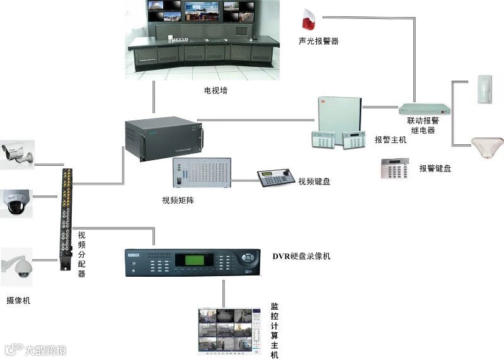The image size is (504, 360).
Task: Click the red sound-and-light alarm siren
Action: pyautogui.click(x=308, y=21)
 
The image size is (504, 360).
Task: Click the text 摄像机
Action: pyautogui.click(x=18, y=301)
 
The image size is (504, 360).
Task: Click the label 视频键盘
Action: pyautogui.click(x=314, y=182)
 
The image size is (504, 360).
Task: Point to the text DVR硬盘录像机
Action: pyautogui.click(x=301, y=256)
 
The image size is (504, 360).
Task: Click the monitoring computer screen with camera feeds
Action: pyautogui.click(x=229, y=330)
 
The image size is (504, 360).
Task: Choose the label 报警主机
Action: pyautogui.click(x=391, y=140)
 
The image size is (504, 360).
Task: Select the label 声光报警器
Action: pyautogui.click(x=318, y=41)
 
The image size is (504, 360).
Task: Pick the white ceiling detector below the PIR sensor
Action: pyautogui.click(x=487, y=146)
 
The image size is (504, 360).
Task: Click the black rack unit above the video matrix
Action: pyautogui.click(x=163, y=137)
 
